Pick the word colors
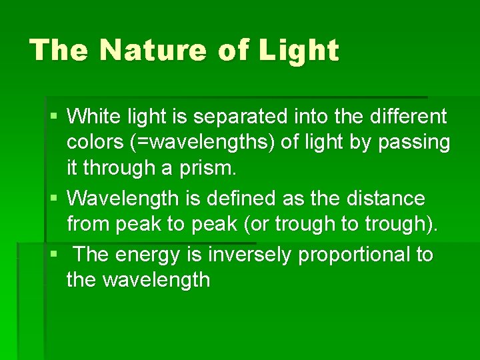tap(94, 142)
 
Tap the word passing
tap(414, 142)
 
